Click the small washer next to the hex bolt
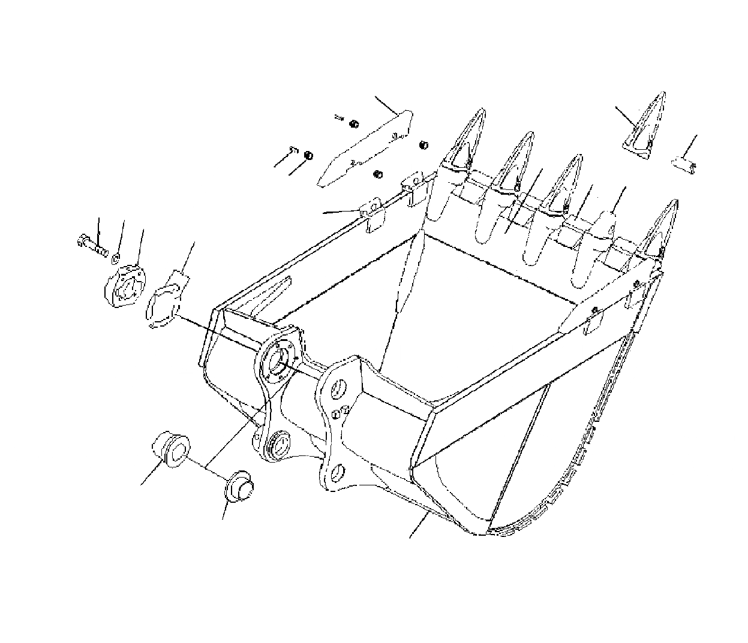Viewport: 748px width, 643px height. point(115,257)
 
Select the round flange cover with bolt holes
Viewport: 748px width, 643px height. point(124,288)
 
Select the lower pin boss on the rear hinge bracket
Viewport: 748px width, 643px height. point(280,444)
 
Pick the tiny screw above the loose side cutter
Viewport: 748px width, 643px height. point(340,118)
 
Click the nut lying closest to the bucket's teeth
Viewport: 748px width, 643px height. point(424,144)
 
